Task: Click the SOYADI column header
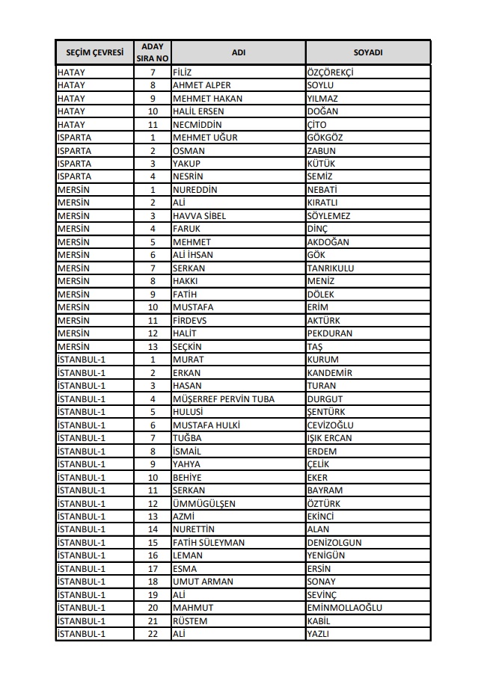pyautogui.click(x=367, y=53)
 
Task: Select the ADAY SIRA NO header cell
pyautogui.click(x=152, y=53)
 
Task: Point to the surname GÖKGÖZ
pyautogui.click(x=325, y=138)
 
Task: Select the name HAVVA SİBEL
pyautogui.click(x=199, y=216)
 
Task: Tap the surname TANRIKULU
pyautogui.click(x=331, y=268)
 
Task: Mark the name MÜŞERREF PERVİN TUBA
pyautogui.click(x=223, y=399)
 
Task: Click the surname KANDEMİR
pyautogui.click(x=330, y=373)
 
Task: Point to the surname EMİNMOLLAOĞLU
pyautogui.click(x=344, y=608)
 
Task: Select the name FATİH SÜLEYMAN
pyautogui.click(x=209, y=543)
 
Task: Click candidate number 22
pyautogui.click(x=152, y=634)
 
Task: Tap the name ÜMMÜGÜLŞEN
pyautogui.click(x=203, y=504)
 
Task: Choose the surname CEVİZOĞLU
pyautogui.click(x=329, y=425)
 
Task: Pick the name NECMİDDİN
pyautogui.click(x=197, y=125)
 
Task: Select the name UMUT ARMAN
pyautogui.click(x=203, y=582)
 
